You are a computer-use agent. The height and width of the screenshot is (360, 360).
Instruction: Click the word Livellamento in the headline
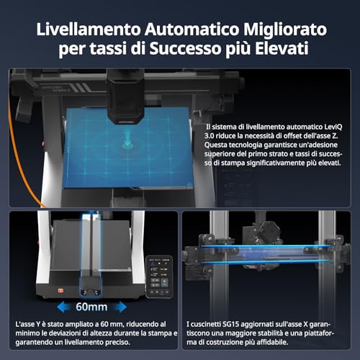click(x=88, y=30)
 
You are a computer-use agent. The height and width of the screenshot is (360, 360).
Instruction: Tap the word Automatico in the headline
click(x=192, y=30)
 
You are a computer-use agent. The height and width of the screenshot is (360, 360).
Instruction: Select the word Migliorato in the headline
click(x=285, y=30)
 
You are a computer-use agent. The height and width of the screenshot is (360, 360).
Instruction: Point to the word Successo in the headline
click(x=185, y=48)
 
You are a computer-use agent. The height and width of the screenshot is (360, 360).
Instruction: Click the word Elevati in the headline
click(x=282, y=48)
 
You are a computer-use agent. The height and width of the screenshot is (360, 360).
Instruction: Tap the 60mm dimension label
click(x=91, y=307)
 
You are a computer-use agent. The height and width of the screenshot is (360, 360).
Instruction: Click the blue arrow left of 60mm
click(x=63, y=307)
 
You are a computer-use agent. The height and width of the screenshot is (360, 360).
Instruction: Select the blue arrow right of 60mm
click(x=120, y=307)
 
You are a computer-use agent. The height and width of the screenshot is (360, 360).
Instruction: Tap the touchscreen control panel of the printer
click(x=159, y=276)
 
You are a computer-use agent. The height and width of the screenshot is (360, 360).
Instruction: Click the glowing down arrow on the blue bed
click(x=127, y=141)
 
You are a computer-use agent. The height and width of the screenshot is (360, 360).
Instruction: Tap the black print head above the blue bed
click(x=125, y=99)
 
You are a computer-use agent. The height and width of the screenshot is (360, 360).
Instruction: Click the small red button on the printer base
click(x=60, y=291)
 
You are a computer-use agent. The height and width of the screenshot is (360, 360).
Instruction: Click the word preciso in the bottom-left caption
click(x=117, y=342)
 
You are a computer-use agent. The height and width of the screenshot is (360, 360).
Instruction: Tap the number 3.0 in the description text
click(x=209, y=136)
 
